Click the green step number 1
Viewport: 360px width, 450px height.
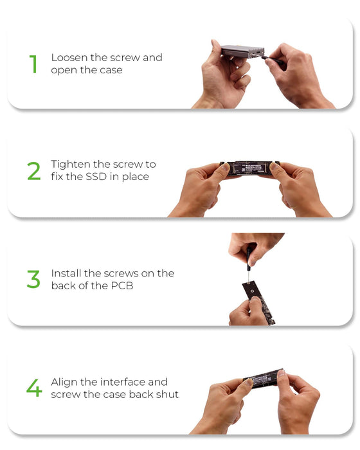point(33,64)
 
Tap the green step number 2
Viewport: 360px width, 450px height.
point(34,171)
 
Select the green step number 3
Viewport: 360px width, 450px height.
point(33,278)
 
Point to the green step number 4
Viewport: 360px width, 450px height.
point(34,388)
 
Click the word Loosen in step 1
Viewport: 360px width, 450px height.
point(69,57)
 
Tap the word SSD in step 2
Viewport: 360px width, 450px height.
point(96,177)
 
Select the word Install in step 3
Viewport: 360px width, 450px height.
point(66,273)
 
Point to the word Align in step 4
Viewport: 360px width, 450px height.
point(64,382)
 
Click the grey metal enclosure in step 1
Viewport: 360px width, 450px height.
point(243,51)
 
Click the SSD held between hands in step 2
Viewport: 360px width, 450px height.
point(249,168)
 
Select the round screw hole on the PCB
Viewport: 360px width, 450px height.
point(253,291)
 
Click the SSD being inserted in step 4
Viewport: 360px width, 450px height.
point(264,379)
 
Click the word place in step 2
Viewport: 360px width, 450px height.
point(136,177)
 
